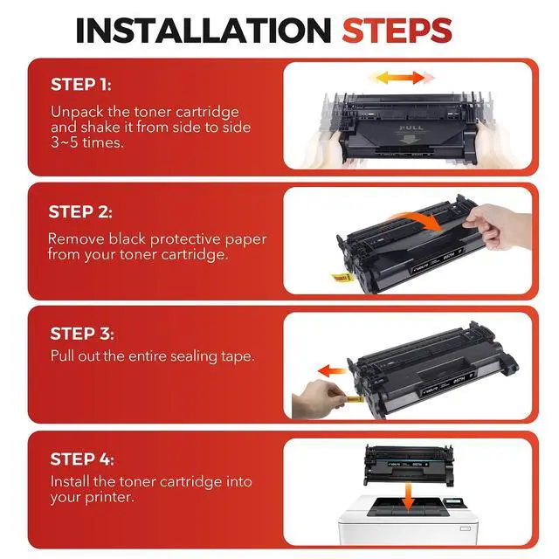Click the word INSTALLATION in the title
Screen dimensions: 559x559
point(204,31)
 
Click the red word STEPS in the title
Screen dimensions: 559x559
point(397,31)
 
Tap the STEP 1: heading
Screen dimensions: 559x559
point(81,85)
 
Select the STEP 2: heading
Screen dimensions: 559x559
point(80,211)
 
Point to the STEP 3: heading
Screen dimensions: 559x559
point(82,334)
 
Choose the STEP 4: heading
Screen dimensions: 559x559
point(82,459)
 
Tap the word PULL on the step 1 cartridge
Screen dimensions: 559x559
point(411,128)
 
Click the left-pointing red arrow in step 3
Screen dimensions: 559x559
point(332,370)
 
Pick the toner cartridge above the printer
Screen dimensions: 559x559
point(409,465)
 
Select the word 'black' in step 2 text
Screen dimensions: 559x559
point(128,238)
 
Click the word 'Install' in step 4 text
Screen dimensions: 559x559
point(70,481)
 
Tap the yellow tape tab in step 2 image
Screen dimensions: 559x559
point(341,278)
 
